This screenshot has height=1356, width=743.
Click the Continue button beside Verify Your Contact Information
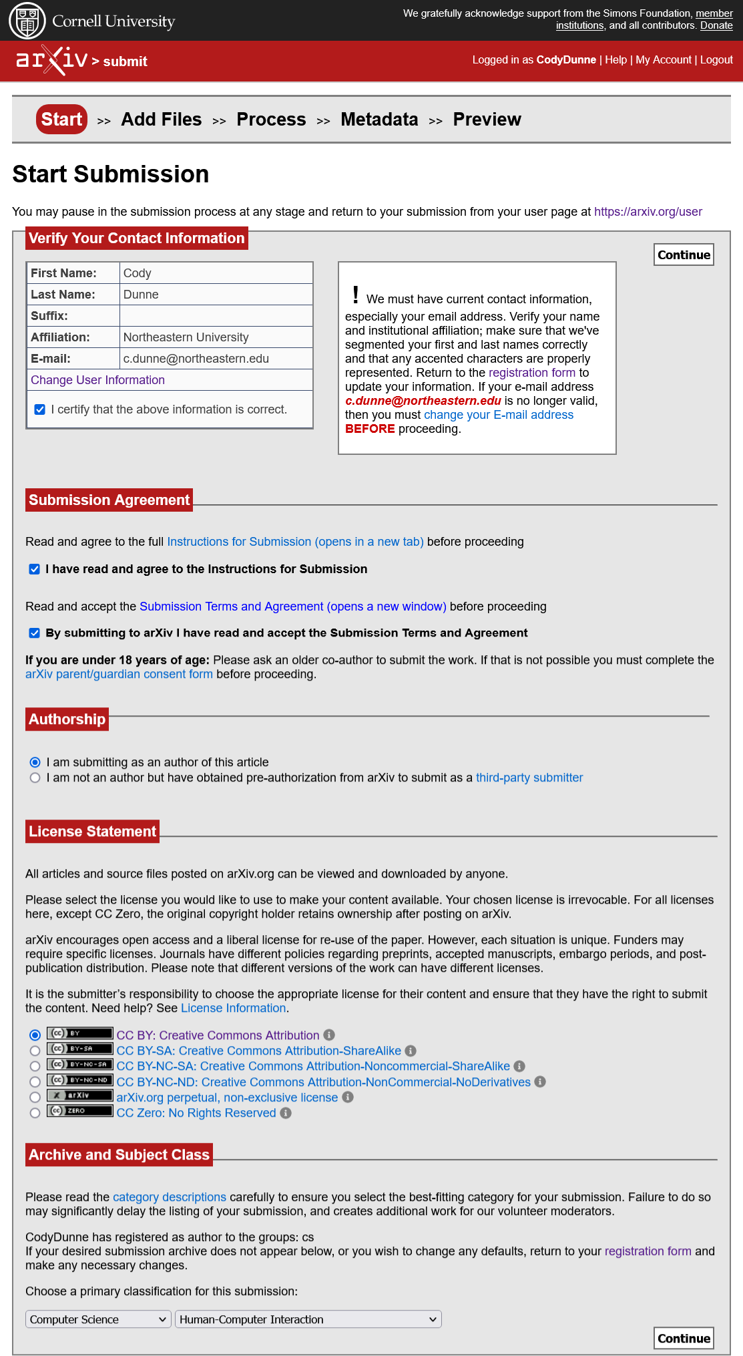pos(684,255)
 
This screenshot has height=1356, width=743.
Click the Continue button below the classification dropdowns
pos(684,1338)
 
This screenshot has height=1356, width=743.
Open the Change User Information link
pos(97,380)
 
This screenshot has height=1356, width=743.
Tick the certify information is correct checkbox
pos(40,409)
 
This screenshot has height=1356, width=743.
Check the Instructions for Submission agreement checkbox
pos(35,569)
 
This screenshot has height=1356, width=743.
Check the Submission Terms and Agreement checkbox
pos(35,633)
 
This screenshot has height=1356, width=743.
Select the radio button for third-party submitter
pos(35,778)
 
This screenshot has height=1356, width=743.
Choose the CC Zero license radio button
pos(35,1114)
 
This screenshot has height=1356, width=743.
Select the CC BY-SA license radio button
pos(35,1051)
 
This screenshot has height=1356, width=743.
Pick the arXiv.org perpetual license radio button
pos(35,1097)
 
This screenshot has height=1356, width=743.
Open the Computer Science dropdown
pos(98,1319)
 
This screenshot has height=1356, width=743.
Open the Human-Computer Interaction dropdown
pos(308,1319)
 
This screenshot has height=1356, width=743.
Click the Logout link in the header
pos(716,60)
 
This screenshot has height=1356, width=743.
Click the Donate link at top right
pos(716,25)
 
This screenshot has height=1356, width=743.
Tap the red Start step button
pos(61,120)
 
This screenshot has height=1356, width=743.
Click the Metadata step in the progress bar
pos(379,120)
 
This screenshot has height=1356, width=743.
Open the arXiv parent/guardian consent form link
pos(119,675)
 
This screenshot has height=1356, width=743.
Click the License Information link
pos(233,1009)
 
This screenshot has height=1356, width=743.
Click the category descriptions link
pos(170,1197)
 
